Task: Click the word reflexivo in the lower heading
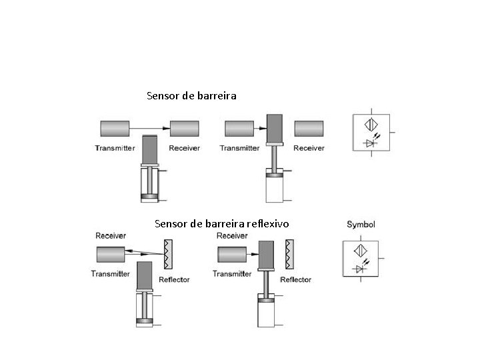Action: (x=267, y=223)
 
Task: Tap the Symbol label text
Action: (x=361, y=225)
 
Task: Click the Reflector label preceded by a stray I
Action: (x=295, y=280)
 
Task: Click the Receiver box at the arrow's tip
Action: (x=185, y=127)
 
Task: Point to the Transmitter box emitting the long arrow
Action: (x=115, y=127)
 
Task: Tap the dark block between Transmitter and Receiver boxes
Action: (x=275, y=128)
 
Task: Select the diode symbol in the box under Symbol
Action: (x=361, y=269)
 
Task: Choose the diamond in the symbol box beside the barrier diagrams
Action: (x=371, y=125)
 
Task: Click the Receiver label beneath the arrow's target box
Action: (x=185, y=148)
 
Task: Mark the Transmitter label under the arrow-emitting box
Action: (x=115, y=148)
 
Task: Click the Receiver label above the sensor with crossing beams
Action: (x=111, y=235)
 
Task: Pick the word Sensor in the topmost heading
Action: (x=163, y=96)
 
